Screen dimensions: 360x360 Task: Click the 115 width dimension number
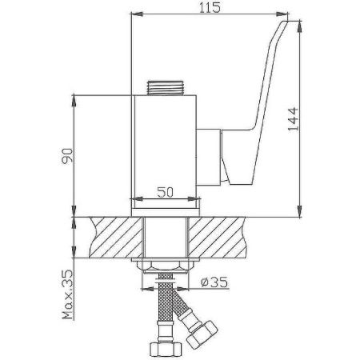(209, 7)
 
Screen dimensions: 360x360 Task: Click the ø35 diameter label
(217, 281)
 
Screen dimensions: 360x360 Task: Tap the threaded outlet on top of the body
(165, 86)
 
